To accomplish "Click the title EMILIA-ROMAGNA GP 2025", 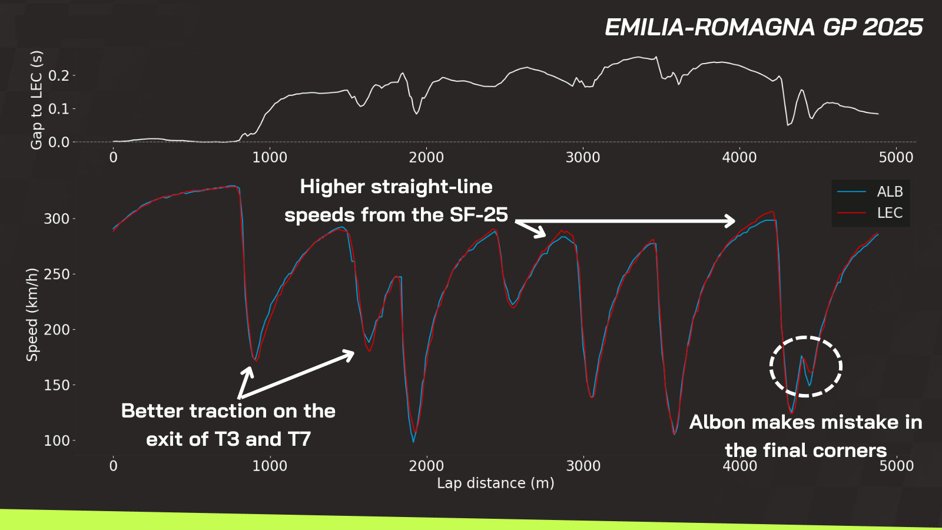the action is click(764, 27).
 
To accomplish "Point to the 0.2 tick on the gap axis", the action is click(59, 76).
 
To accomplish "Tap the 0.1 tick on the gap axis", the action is click(59, 109).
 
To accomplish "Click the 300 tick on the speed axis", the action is click(57, 218).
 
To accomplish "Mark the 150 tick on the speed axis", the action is click(57, 385).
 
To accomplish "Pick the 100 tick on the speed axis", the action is click(57, 441).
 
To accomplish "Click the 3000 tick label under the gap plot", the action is click(583, 158).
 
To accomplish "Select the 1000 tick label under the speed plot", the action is click(270, 466).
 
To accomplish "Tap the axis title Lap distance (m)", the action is click(495, 483).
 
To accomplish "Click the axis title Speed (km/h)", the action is click(32, 314).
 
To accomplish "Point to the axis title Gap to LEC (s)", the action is click(37, 100).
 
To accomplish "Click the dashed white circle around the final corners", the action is click(806, 337).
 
